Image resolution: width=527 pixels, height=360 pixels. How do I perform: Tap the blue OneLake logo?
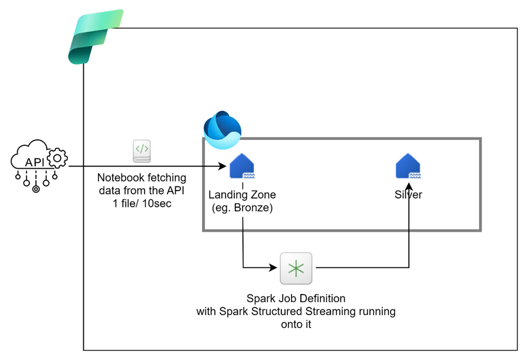pos(222,129)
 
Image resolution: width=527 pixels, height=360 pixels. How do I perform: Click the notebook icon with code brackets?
pos(142,151)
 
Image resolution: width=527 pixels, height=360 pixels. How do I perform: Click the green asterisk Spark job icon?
pos(296,269)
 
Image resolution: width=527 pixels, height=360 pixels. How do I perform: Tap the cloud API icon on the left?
pos(39,164)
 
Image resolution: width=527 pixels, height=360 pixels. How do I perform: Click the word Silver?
pos(408,194)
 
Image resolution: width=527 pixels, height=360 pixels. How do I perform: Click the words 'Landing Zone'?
pos(242,195)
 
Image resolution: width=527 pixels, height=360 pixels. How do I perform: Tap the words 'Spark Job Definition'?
pos(296,299)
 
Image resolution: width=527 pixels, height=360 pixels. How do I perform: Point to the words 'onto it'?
pos(296,323)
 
